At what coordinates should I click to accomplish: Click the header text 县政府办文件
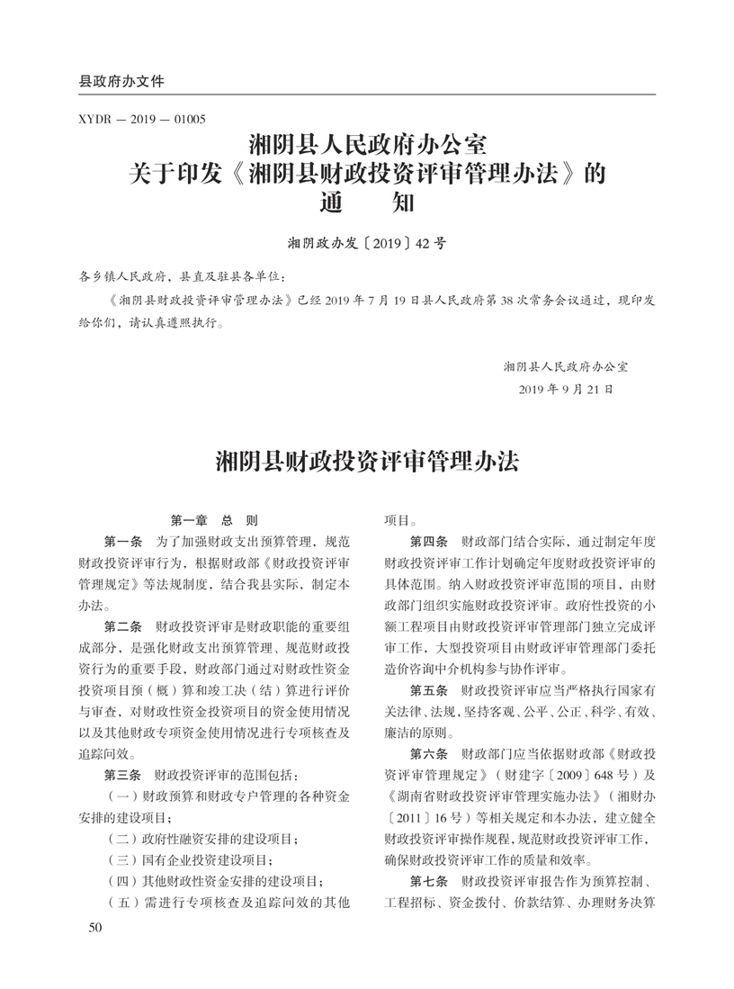point(122,81)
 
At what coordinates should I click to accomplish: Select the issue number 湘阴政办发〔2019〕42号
point(367,243)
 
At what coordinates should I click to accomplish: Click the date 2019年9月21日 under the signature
point(567,391)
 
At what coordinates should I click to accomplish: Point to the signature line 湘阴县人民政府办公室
point(567,366)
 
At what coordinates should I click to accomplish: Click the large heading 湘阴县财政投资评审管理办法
point(367,463)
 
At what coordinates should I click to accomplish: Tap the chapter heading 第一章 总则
point(214,520)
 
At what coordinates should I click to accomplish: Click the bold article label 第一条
point(124,542)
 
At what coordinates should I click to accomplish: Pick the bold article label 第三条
point(124,774)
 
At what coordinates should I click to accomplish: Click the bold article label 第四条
point(429,542)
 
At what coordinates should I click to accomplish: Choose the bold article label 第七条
point(429,878)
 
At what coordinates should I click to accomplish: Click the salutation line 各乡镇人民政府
point(126,275)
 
